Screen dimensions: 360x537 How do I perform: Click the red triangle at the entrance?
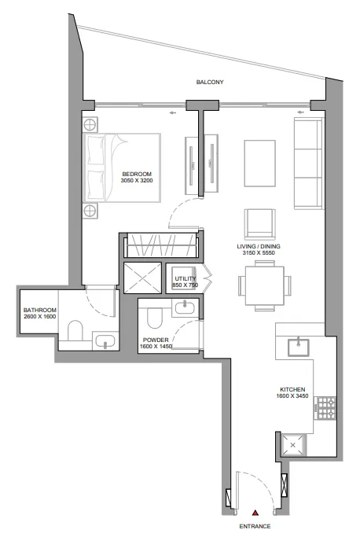tap(255, 513)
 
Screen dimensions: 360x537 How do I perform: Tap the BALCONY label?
tap(210, 83)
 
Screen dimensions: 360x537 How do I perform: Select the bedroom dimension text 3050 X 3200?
tap(137, 181)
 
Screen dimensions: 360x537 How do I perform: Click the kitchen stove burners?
tap(325, 408)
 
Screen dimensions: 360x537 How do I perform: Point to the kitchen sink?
tap(299, 348)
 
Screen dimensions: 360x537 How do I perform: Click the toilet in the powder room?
tap(154, 318)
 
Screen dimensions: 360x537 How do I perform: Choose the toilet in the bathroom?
tap(75, 330)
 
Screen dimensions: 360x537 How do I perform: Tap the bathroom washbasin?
tap(105, 341)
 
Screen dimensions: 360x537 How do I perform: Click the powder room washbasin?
tap(185, 307)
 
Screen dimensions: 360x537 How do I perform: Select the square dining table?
tap(265, 285)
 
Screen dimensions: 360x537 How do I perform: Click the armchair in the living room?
tap(259, 224)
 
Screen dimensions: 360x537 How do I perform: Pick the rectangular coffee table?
tap(259, 164)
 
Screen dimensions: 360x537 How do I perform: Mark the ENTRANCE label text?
tap(255, 526)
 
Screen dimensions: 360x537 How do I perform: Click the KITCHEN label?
tap(292, 389)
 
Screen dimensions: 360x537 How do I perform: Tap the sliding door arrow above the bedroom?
tap(172, 112)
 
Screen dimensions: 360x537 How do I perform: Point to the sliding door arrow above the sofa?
tap(301, 112)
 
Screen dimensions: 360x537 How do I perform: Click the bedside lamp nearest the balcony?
tap(90, 125)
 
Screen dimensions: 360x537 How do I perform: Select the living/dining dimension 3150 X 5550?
tap(259, 252)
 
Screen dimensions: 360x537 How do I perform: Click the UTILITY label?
tap(186, 278)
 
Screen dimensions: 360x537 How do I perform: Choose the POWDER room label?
tap(156, 340)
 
